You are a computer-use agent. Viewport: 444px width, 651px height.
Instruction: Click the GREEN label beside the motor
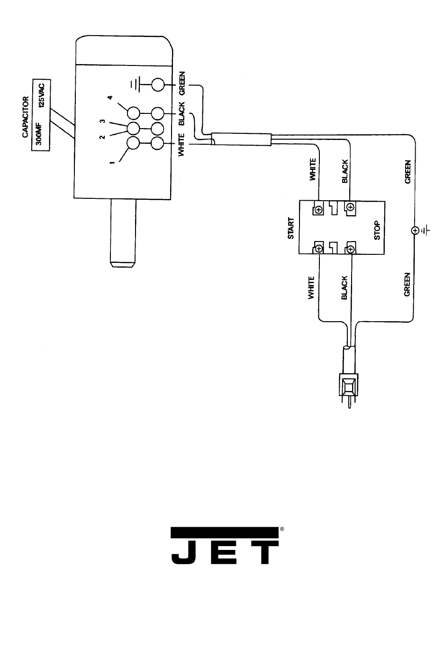point(182,84)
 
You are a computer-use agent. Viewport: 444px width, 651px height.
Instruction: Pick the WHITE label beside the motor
point(182,143)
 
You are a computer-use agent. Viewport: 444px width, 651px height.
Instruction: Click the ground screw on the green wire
point(415,231)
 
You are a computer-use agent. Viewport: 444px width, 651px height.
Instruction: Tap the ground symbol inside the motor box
point(136,85)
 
